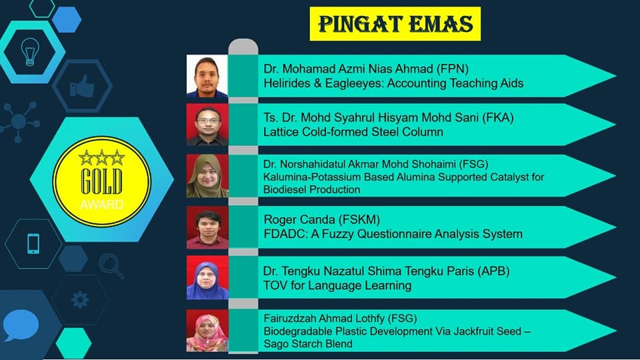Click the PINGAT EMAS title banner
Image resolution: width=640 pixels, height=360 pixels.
395,24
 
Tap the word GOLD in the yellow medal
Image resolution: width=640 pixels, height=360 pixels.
101,181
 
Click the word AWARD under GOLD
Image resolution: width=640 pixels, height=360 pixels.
101,205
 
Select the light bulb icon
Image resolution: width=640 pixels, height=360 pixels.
30,52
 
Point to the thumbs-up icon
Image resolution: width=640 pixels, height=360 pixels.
82,86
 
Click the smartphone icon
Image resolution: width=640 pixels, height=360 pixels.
33,244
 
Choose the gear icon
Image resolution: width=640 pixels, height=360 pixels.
80,300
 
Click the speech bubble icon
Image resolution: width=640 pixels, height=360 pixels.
21,325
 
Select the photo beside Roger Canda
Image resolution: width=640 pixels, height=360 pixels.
207,227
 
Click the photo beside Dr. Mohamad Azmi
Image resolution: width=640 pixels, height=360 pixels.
207,76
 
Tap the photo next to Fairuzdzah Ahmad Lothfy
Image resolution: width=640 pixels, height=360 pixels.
207,331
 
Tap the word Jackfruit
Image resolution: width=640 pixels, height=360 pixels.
453,331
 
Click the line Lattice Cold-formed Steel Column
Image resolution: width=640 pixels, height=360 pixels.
353,132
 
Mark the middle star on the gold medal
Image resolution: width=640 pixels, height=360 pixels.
101,157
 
